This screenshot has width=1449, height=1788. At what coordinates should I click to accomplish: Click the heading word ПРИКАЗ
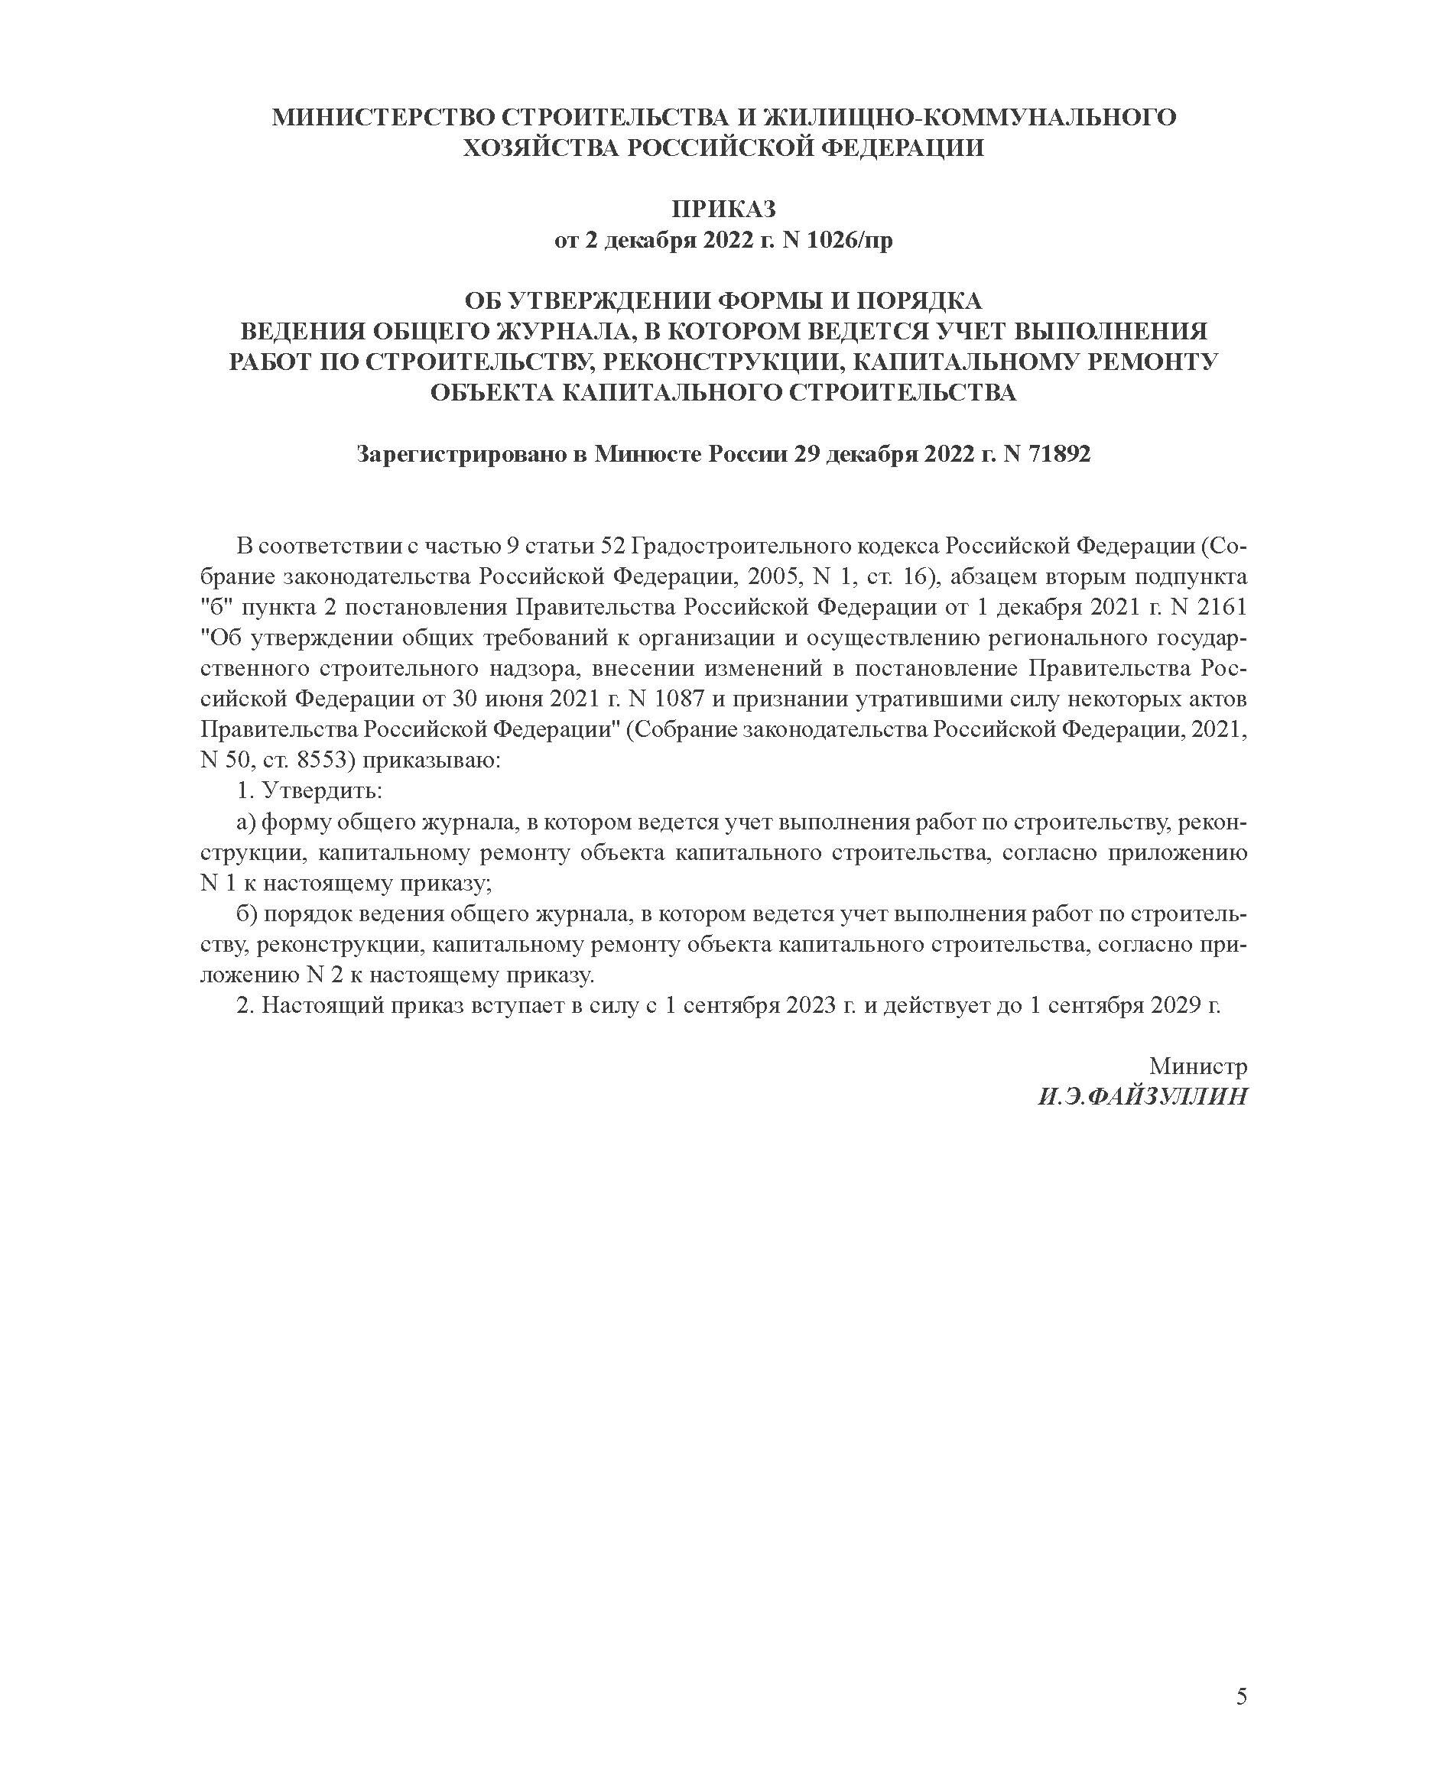pos(723,209)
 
